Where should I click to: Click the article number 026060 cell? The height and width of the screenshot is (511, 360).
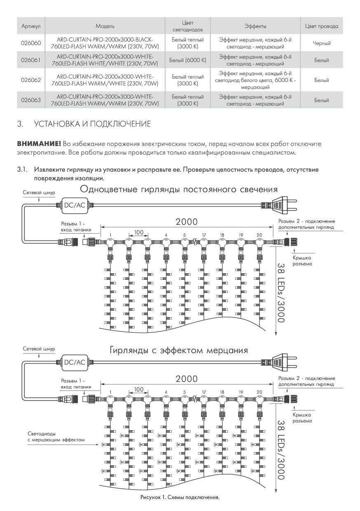pos(31,43)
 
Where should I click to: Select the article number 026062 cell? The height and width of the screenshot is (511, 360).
pos(31,80)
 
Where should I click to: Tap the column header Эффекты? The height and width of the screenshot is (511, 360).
pos(255,26)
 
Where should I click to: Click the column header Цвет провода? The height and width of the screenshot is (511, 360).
pos(321,26)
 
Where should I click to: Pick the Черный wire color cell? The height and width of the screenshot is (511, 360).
pos(321,43)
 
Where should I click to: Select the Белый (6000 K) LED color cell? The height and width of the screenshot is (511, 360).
pos(187,60)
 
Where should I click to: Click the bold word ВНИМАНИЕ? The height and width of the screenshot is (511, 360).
pos(39,143)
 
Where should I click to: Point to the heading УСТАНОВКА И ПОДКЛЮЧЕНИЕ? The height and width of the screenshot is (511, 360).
pos(93,124)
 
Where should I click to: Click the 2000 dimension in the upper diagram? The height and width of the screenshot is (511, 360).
pos(186,221)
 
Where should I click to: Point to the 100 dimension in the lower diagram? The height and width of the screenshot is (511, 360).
pos(138,389)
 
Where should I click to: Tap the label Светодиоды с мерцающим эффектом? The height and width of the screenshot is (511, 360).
pos(56,437)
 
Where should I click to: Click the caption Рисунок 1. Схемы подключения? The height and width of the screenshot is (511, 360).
pos(180,497)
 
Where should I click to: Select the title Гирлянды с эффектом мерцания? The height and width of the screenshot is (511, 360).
pos(178,351)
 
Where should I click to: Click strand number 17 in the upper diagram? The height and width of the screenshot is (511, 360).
pos(203,235)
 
